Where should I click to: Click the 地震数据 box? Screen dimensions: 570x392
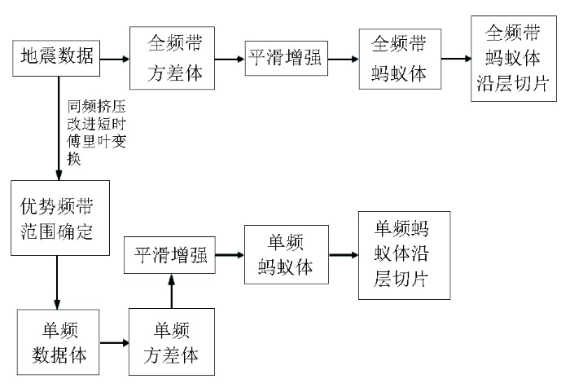[56, 58]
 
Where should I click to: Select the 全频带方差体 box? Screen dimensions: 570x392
[173, 58]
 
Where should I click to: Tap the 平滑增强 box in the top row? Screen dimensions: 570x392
[287, 58]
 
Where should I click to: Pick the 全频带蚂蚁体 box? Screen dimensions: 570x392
[401, 59]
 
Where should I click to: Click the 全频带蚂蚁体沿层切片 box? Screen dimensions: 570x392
[514, 58]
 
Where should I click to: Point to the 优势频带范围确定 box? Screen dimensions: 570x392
[60, 218]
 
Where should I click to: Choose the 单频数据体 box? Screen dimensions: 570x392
[58, 342]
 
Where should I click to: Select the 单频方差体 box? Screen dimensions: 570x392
[172, 341]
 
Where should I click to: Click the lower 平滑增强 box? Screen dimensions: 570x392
[169, 255]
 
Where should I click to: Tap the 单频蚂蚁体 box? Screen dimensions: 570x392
[287, 254]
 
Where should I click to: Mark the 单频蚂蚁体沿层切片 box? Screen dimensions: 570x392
[405, 256]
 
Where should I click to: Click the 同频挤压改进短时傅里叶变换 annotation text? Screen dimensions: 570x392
[97, 133]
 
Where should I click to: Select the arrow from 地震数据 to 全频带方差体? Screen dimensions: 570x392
[115, 59]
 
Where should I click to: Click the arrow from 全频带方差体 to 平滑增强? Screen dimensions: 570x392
[230, 59]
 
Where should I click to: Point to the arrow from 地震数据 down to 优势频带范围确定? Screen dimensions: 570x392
[59, 129]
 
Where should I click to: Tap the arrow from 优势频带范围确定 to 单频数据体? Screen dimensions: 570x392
[57, 283]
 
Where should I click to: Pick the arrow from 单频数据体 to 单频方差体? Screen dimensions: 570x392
[114, 342]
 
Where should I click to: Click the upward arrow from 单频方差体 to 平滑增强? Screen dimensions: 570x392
[172, 291]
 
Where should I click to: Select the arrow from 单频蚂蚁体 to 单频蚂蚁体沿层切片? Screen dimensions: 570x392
[344, 255]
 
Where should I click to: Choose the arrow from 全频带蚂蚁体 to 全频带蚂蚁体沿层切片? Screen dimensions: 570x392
[456, 59]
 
